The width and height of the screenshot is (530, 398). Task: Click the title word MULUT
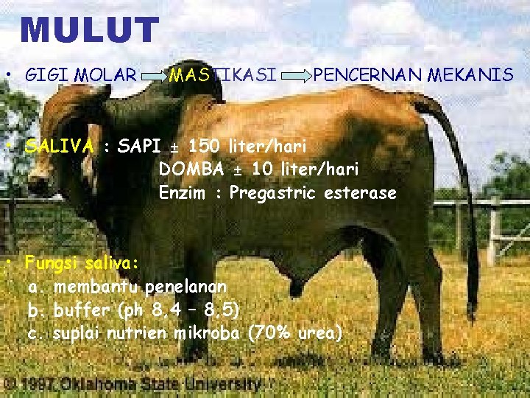[x=90, y=31]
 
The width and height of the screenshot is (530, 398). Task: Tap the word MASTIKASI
[x=223, y=74]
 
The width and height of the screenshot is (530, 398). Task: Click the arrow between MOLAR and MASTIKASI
[x=152, y=75]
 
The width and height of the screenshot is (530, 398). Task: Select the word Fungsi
[x=52, y=262]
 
